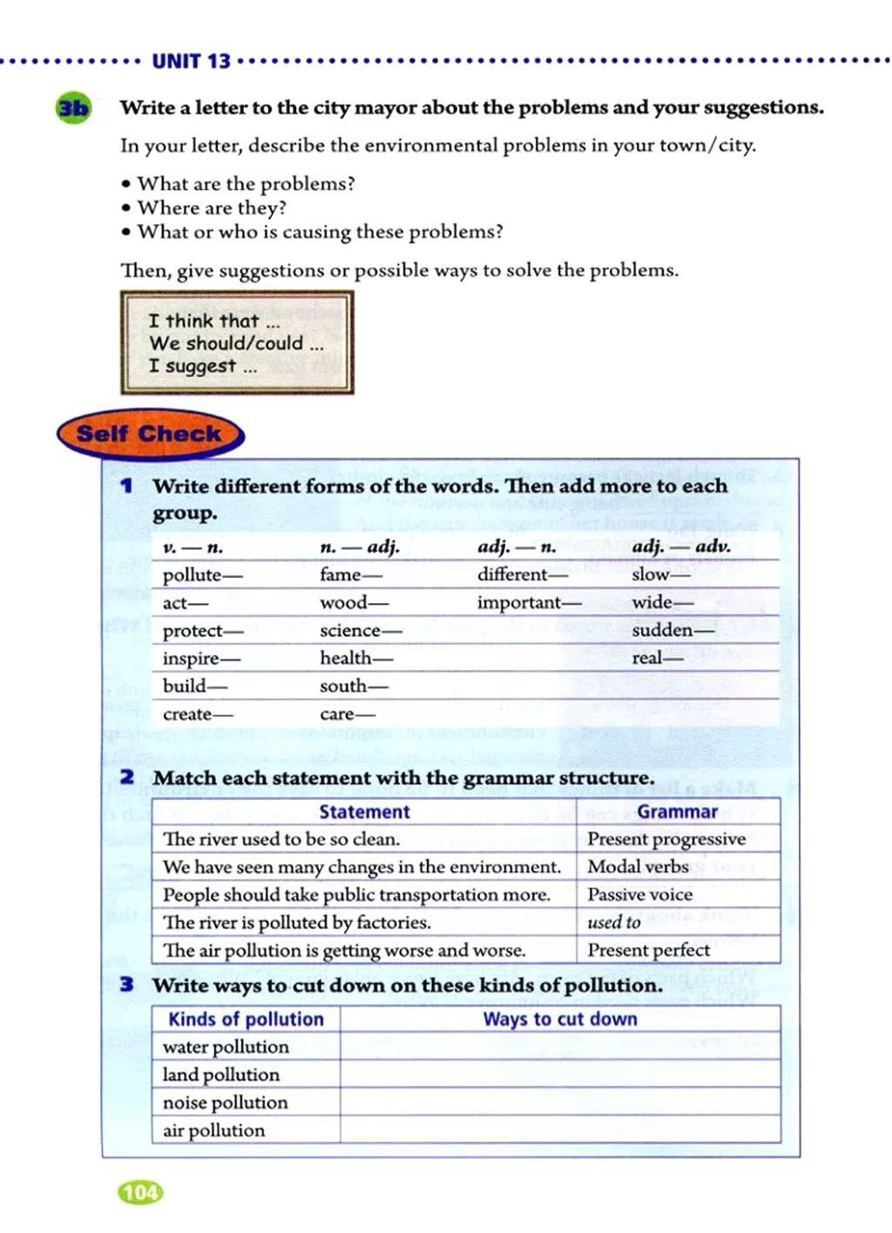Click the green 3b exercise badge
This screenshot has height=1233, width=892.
[72, 108]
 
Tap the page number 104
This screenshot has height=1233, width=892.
[139, 1192]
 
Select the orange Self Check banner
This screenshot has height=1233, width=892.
[150, 434]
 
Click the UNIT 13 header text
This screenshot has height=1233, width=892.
[191, 61]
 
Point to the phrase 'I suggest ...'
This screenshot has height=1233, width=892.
[203, 366]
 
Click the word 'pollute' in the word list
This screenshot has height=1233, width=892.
[193, 575]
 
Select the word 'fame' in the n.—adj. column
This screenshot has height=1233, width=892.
[341, 575]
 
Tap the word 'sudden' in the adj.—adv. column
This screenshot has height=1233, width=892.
[662, 630]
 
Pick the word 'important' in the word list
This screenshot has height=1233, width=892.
[519, 603]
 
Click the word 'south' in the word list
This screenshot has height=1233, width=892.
[343, 687]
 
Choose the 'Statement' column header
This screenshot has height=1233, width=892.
[364, 812]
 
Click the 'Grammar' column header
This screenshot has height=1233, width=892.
[677, 811]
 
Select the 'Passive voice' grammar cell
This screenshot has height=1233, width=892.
[639, 895]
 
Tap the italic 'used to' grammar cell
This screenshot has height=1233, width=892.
[613, 923]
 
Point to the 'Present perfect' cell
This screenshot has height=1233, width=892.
[648, 951]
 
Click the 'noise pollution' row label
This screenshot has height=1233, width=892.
[225, 1103]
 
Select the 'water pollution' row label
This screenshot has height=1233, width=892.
[225, 1047]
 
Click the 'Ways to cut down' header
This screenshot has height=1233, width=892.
[560, 1020]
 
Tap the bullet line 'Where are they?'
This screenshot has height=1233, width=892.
[212, 208]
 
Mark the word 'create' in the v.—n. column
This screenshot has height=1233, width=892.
[187, 715]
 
